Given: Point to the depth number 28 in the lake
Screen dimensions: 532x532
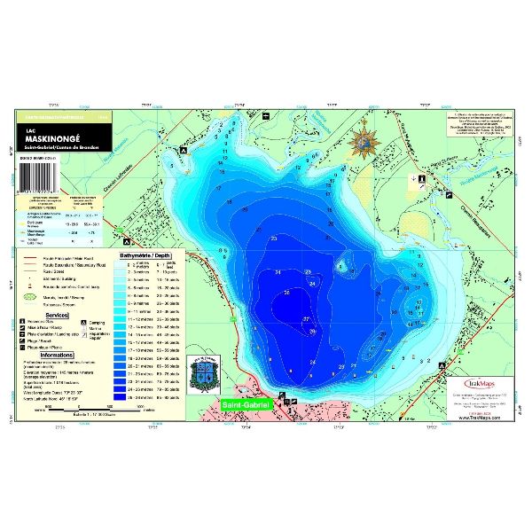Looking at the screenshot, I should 313,331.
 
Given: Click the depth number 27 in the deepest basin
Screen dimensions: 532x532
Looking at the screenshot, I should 307,318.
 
